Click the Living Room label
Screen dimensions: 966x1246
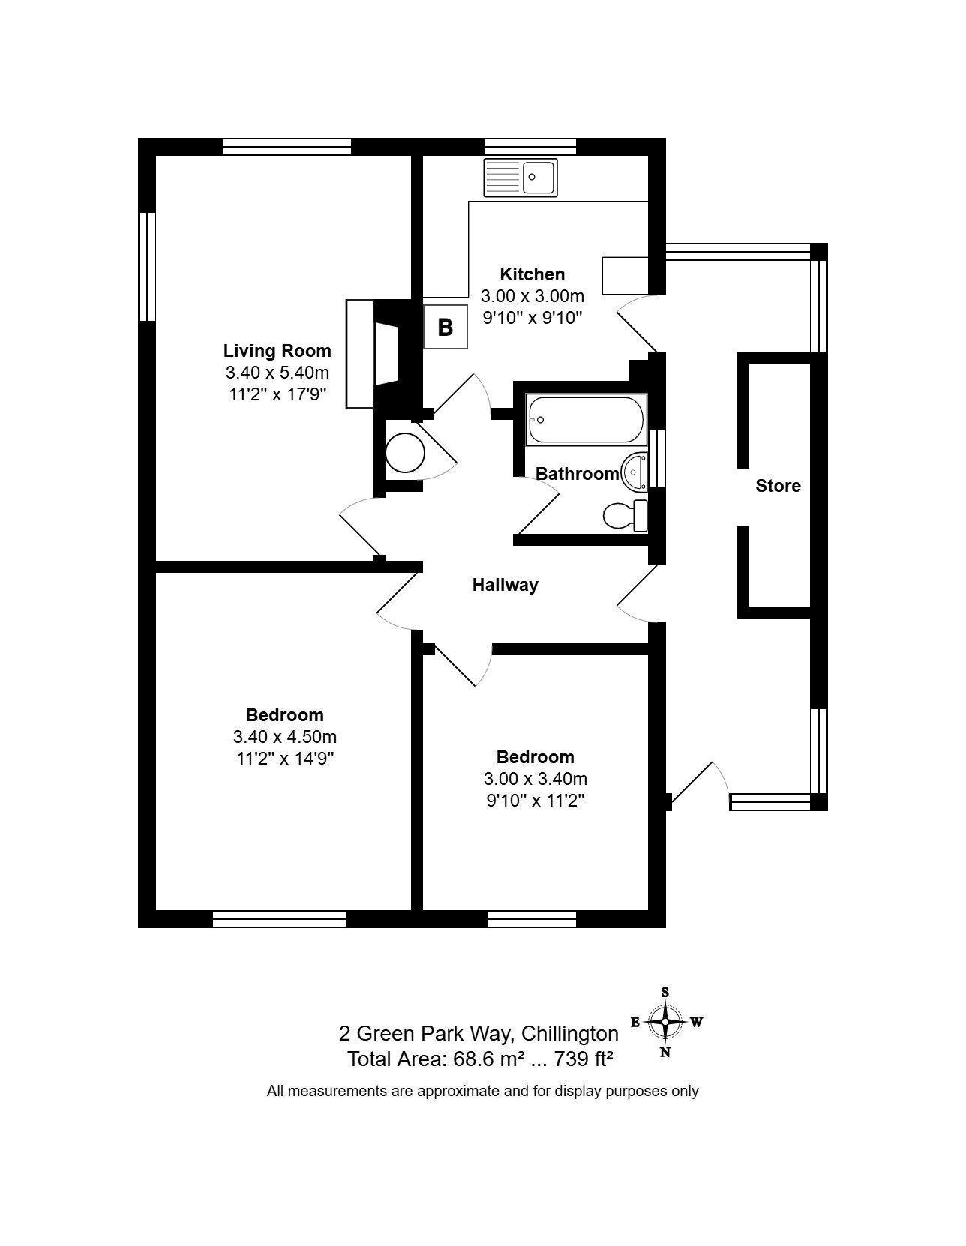coord(277,350)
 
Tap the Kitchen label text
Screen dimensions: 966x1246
coord(532,274)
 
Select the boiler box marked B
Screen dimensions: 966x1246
coord(445,328)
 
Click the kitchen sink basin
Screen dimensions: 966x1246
coord(538,176)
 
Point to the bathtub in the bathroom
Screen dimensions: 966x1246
coord(586,420)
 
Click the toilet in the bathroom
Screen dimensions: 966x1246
coord(625,516)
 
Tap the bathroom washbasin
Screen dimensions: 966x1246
coord(634,472)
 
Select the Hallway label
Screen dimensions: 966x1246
coord(505,585)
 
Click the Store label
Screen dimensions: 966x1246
coord(778,486)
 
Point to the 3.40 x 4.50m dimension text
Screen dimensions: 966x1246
coord(284,736)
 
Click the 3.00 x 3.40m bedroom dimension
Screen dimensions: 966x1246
coord(535,779)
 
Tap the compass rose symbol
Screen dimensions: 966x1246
coord(664,1022)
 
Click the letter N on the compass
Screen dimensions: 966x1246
coord(665,1052)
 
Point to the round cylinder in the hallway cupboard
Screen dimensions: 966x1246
coord(405,453)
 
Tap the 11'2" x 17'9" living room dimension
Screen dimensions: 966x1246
coord(277,394)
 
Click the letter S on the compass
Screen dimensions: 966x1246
coord(665,992)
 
